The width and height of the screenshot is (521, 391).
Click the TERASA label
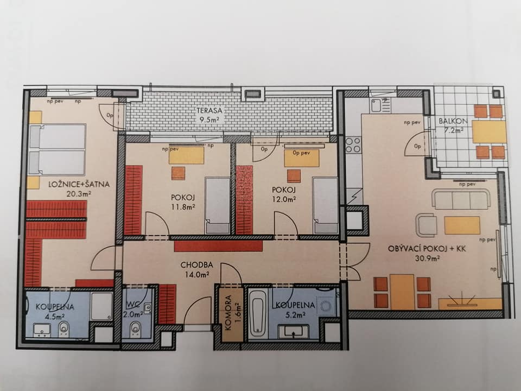point(209,110)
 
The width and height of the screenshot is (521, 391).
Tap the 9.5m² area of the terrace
point(210,119)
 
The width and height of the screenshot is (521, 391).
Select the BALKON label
point(453,121)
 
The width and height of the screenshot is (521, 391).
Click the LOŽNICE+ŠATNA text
point(79,184)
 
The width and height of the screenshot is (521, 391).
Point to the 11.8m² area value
point(183,206)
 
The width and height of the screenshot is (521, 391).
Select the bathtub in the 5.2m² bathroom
point(258,313)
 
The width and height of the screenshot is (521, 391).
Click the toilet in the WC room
point(135,327)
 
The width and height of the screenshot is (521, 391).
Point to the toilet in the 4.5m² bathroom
point(63,329)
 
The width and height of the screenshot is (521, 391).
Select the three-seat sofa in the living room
point(461,199)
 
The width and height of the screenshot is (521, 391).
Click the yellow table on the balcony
point(489,131)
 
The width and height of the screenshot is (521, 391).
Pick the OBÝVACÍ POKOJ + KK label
point(427,249)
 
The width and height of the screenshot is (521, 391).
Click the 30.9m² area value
point(428,257)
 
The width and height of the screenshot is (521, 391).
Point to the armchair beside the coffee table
point(426,225)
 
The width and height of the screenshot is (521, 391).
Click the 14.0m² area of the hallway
point(197,275)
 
